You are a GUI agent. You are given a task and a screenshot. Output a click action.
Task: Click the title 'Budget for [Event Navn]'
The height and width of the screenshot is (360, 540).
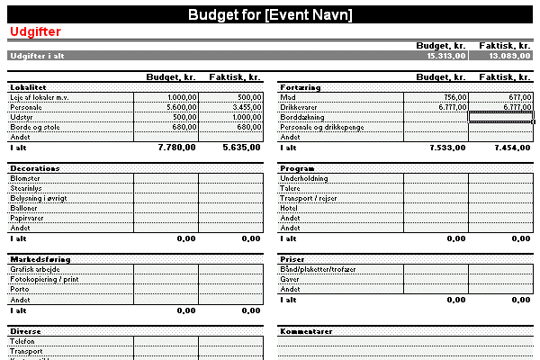point(270,14)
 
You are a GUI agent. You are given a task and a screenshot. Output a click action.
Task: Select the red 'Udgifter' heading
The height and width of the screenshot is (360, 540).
point(34,31)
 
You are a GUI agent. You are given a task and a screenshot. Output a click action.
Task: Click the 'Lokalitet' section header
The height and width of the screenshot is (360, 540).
point(29,87)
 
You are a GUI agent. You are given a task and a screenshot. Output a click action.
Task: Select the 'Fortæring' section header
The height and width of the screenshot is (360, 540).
point(301,87)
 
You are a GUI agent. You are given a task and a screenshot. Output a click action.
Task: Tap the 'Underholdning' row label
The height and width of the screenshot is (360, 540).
point(305,178)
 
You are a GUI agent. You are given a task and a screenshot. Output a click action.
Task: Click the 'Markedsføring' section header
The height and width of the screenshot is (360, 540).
point(40,258)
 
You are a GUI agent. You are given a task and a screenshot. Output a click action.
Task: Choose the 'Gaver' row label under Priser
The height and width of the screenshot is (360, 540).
point(291,279)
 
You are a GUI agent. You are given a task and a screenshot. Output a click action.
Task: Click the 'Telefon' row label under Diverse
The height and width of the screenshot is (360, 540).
point(23,342)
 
